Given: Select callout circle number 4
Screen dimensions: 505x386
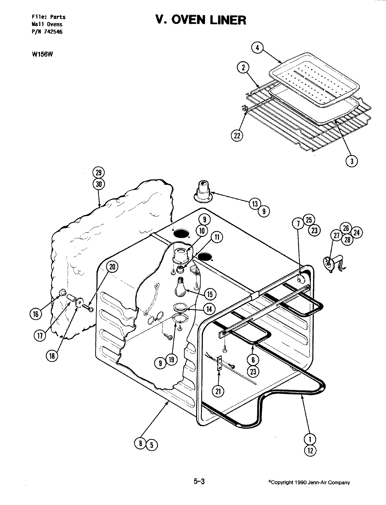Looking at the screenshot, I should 257,48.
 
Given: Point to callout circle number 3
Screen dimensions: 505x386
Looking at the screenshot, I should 352,161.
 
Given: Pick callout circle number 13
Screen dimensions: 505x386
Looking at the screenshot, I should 255,204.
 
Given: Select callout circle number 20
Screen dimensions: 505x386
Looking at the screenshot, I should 112,267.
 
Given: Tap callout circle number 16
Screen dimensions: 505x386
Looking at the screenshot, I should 35,314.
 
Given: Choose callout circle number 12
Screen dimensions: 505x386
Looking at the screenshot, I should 310,451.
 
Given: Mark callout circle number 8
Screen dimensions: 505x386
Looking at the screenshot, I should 140,444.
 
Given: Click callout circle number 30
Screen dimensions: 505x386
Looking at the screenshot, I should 99,185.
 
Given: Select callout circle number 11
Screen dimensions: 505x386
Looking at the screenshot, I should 217,237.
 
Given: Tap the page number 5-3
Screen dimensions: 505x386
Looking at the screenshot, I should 199,482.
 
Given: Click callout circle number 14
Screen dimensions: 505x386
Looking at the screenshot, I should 209,309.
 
